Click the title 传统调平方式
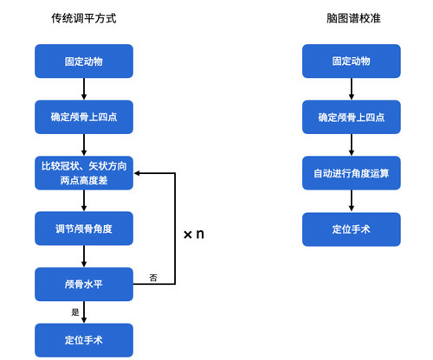click(x=83, y=16)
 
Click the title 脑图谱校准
click(x=351, y=16)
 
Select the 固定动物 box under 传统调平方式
click(x=84, y=61)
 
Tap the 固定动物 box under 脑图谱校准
click(x=351, y=61)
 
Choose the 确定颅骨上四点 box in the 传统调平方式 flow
click(x=84, y=117)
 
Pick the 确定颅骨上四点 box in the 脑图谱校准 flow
click(x=351, y=117)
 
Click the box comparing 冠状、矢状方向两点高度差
click(x=84, y=172)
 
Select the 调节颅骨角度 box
click(x=84, y=228)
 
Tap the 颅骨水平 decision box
click(x=84, y=284)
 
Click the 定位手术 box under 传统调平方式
click(x=84, y=340)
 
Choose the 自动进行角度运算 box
click(x=351, y=173)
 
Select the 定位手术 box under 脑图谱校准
click(x=351, y=229)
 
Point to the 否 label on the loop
click(x=153, y=277)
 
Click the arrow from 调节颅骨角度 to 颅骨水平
click(x=84, y=256)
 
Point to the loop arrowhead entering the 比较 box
click(x=139, y=173)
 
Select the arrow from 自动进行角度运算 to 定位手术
click(x=351, y=201)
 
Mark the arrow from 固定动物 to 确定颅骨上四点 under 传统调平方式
click(x=84, y=89)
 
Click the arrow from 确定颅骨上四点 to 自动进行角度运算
click(x=351, y=145)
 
